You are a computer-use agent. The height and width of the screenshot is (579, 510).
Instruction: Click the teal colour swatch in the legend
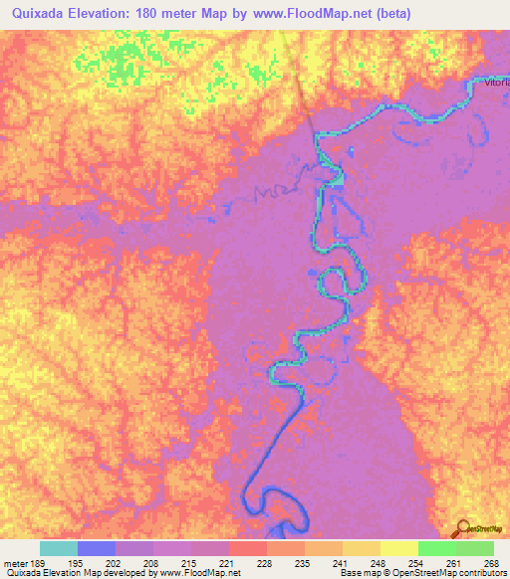tap(59, 548)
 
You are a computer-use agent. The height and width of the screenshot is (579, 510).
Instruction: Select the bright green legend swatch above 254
tap(436, 548)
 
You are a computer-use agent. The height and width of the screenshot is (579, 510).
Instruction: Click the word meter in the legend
tap(17, 563)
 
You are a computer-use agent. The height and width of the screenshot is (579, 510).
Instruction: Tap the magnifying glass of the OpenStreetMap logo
tap(462, 530)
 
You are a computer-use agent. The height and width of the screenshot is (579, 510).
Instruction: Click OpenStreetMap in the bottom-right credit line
tap(422, 574)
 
